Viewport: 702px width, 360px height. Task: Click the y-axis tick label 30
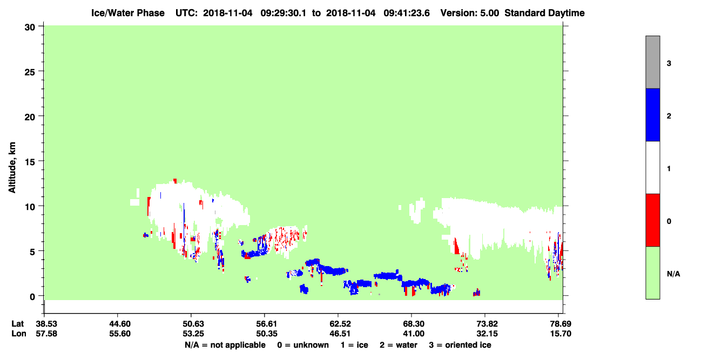tap(30, 28)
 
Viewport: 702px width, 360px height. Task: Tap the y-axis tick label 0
tap(32, 297)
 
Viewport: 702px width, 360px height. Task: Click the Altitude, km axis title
tap(12, 168)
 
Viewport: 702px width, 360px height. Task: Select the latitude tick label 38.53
tap(46, 324)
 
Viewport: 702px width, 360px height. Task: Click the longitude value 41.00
tap(414, 334)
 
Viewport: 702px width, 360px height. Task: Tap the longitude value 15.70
tap(561, 334)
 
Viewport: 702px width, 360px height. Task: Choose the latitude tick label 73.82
tap(487, 324)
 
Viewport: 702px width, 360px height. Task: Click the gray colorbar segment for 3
tap(653, 62)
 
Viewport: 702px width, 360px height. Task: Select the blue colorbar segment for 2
tap(653, 114)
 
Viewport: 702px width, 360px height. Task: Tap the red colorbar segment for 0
tap(653, 220)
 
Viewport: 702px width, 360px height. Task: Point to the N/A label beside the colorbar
tap(673, 274)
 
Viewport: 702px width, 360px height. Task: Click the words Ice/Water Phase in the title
tap(128, 13)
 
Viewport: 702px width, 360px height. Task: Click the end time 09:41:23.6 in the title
tap(407, 13)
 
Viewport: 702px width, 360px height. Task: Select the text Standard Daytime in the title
tap(544, 13)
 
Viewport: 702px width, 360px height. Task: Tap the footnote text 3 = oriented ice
tap(460, 345)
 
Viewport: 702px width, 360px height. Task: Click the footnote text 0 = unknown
tap(303, 345)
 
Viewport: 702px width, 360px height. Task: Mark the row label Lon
tap(19, 334)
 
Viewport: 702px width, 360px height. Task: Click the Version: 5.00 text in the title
tap(469, 13)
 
